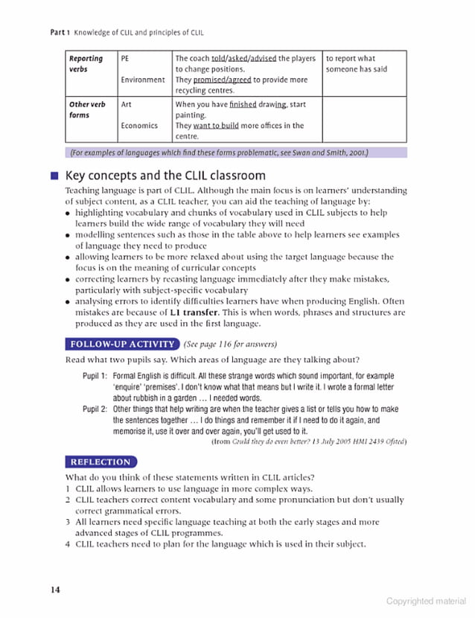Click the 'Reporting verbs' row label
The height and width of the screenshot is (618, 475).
point(85,63)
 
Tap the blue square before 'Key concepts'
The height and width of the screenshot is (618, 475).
point(54,176)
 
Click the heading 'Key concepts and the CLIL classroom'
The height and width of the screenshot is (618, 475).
point(165,176)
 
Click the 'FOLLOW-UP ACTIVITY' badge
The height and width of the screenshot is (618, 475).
point(122,344)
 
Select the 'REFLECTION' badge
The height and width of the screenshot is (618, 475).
point(101,462)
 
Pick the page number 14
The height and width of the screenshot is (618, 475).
point(54,590)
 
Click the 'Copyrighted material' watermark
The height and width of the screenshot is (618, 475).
point(426,601)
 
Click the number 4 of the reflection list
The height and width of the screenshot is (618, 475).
point(68,544)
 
